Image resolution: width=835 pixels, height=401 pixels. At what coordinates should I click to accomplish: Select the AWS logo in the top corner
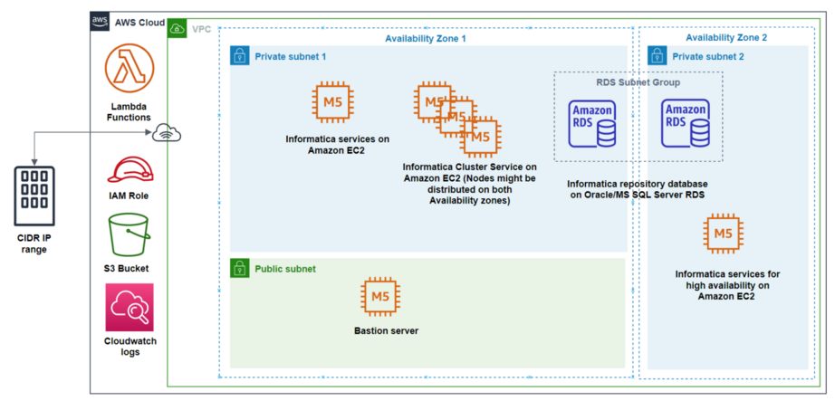[x=101, y=21]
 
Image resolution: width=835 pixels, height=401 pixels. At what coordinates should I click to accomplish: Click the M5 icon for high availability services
[x=722, y=235]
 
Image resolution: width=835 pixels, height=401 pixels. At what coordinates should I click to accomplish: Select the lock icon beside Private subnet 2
[x=657, y=56]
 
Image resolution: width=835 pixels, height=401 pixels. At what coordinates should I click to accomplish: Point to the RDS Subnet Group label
[x=638, y=82]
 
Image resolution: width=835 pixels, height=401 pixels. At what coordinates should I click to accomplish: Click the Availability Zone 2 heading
[x=726, y=38]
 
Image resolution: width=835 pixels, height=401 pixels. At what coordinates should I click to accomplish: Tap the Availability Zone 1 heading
[x=426, y=38]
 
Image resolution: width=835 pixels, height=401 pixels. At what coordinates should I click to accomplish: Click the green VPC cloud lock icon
[x=178, y=29]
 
